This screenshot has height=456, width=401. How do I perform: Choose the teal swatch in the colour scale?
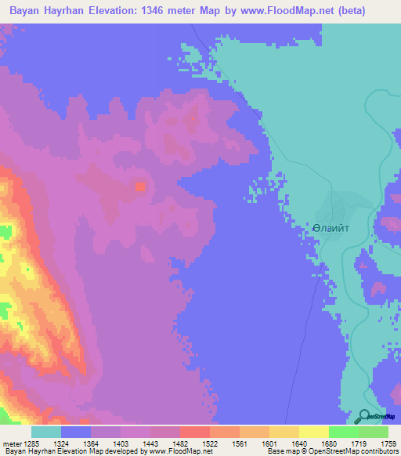click(46, 432)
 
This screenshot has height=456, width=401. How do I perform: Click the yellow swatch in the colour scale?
click(313, 432)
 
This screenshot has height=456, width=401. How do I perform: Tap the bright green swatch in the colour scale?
click(343, 432)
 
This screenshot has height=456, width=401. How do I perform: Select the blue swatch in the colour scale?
click(76, 432)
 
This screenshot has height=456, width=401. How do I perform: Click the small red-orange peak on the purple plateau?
click(140, 186)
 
